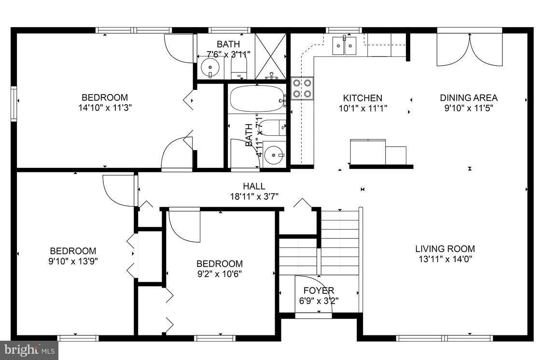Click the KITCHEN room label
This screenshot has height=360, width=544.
pyautogui.click(x=363, y=98)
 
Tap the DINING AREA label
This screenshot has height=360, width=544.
pyautogui.click(x=468, y=98)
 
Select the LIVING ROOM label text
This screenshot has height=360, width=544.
pyautogui.click(x=445, y=249)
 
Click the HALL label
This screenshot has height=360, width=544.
pyautogui.click(x=254, y=186)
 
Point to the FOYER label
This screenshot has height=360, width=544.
pyautogui.click(x=319, y=291)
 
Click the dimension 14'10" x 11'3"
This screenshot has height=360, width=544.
pyautogui.click(x=105, y=108)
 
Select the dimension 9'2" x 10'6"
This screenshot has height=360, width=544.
pyautogui.click(x=219, y=274)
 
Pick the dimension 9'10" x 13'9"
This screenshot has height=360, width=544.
pyautogui.click(x=73, y=261)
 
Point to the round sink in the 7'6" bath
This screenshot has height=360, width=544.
pyautogui.click(x=210, y=68)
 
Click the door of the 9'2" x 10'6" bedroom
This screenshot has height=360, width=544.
pyautogui.click(x=185, y=226)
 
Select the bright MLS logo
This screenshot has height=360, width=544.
pyautogui.click(x=29, y=350)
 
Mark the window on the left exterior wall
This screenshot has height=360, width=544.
pyautogui.click(x=14, y=101)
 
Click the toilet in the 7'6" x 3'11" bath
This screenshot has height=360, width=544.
pyautogui.click(x=239, y=68)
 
